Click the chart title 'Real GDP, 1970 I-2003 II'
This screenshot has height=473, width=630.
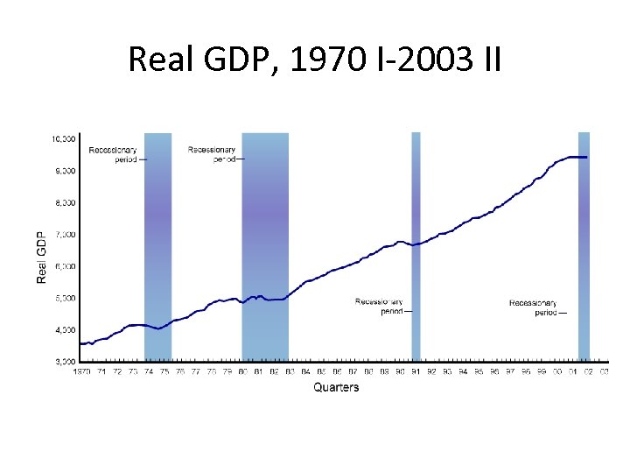click(x=314, y=60)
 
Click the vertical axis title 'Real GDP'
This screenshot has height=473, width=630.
click(x=41, y=257)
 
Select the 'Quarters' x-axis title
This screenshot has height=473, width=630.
click(x=336, y=387)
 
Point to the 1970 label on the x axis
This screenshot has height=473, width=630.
click(x=81, y=371)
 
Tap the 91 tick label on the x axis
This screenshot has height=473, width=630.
click(x=416, y=371)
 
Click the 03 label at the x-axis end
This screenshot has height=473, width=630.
click(x=605, y=371)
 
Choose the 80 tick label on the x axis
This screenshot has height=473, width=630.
click(x=242, y=371)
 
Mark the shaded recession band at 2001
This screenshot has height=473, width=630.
click(x=584, y=263)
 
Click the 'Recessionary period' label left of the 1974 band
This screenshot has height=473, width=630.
click(x=113, y=155)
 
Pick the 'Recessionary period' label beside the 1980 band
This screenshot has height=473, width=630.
click(x=212, y=154)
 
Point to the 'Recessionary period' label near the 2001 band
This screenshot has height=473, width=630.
click(x=534, y=307)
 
